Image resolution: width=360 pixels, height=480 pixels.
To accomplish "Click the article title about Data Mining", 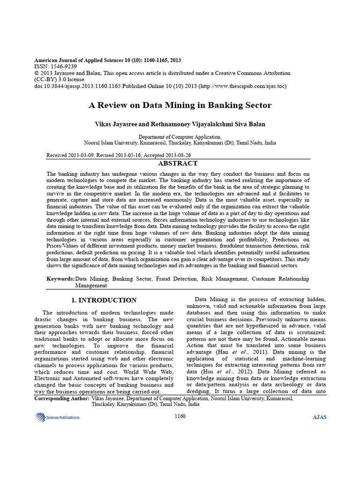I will [180, 105].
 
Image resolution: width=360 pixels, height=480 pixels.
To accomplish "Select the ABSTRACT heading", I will [178, 164].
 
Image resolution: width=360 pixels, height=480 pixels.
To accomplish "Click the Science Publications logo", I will [57, 417].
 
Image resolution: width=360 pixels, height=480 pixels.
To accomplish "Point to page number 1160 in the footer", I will [180, 416].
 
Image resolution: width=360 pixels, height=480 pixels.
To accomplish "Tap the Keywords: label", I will [60, 279].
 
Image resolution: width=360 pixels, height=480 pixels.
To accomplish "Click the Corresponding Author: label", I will [62, 397].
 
